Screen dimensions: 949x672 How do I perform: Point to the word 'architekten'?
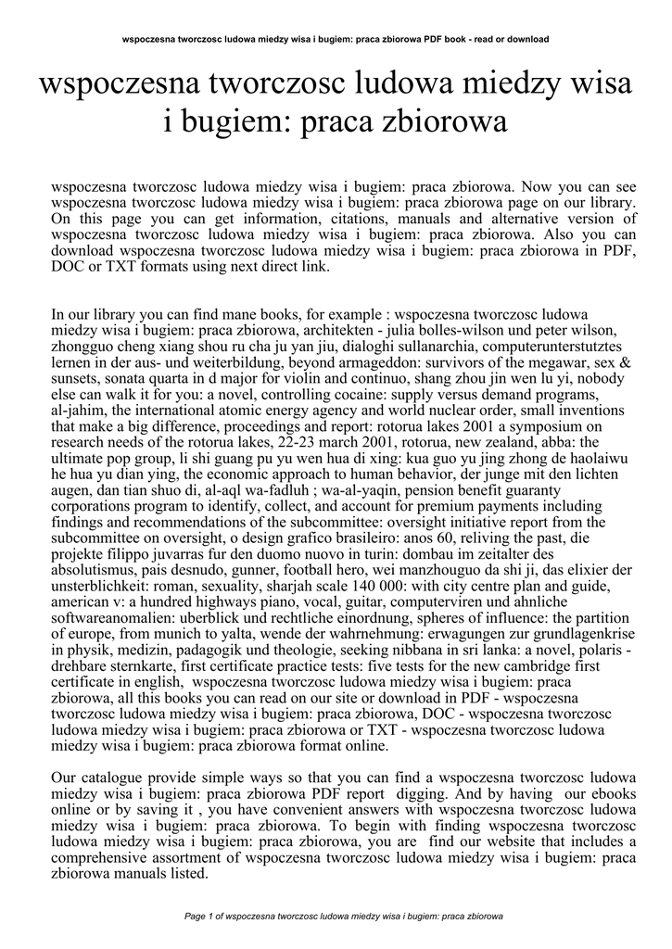[x=351, y=332]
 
